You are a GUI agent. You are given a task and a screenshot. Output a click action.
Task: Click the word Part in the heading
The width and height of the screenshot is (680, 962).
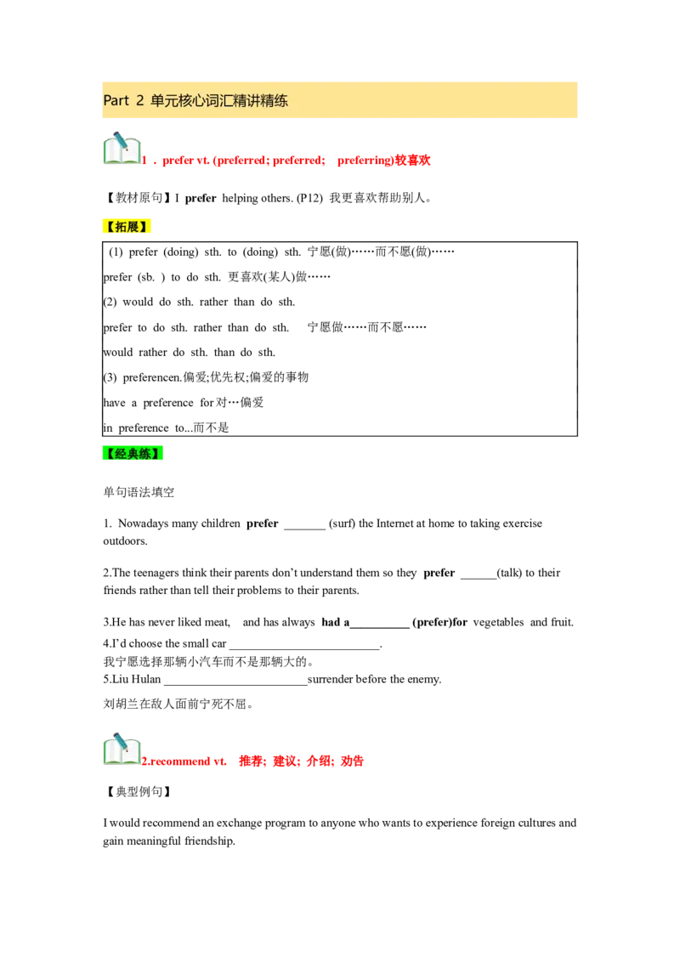[x=116, y=100]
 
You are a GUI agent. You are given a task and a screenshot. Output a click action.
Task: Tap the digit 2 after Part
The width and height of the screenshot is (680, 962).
[x=139, y=100]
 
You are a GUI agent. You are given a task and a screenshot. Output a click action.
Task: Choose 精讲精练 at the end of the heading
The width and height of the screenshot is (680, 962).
[x=262, y=100]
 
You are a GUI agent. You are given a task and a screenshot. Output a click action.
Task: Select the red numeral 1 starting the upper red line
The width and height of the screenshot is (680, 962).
[x=145, y=161]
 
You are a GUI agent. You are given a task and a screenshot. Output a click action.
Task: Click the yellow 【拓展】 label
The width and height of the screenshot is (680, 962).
[x=128, y=227]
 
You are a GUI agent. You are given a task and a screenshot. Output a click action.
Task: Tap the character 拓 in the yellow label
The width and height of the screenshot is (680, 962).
[x=122, y=227]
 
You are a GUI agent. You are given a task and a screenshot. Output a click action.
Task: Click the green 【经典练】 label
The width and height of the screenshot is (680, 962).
[x=132, y=454]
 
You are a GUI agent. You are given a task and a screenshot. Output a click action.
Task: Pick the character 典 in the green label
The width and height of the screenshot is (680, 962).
[x=132, y=454]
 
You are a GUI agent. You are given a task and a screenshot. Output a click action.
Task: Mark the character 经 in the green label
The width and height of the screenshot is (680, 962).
[x=120, y=454]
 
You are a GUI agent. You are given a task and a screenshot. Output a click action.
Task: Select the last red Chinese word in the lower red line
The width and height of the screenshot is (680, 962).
[x=352, y=761]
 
